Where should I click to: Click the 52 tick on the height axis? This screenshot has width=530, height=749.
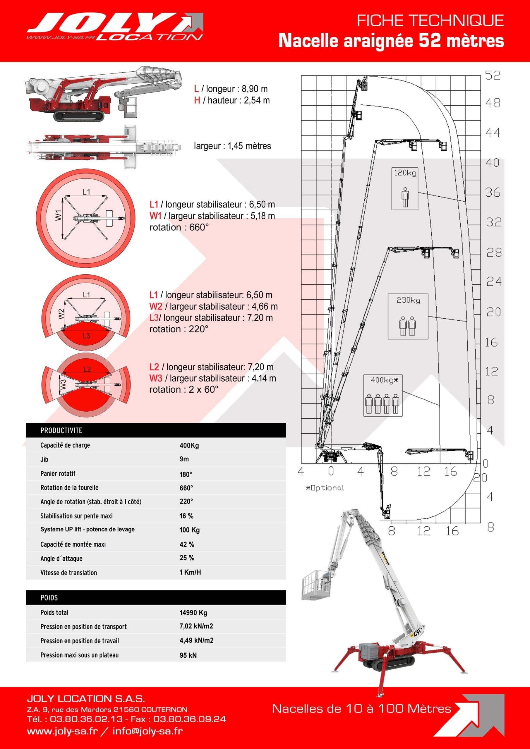point(493,76)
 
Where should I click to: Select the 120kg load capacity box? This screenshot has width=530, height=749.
point(405,188)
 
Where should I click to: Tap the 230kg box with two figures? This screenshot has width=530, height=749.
point(408,316)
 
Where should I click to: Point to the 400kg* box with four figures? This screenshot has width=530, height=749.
point(383,395)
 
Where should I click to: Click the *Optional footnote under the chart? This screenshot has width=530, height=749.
point(325,488)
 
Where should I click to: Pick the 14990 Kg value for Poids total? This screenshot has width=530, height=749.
point(193,613)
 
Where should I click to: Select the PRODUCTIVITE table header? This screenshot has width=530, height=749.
point(61,430)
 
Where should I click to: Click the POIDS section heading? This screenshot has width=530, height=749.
point(49,598)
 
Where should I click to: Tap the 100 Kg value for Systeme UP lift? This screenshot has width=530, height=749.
point(189,530)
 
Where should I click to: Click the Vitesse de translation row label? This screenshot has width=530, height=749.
point(68,573)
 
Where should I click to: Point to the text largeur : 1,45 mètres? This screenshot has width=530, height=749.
point(232,146)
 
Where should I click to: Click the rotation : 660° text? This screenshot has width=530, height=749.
point(179,227)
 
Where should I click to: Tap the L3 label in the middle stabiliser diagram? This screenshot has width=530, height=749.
point(86,336)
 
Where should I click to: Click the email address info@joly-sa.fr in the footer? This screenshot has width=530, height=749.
point(147,731)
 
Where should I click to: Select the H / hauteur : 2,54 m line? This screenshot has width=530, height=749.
point(232,100)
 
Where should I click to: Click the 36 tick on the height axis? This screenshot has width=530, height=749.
point(493,193)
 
